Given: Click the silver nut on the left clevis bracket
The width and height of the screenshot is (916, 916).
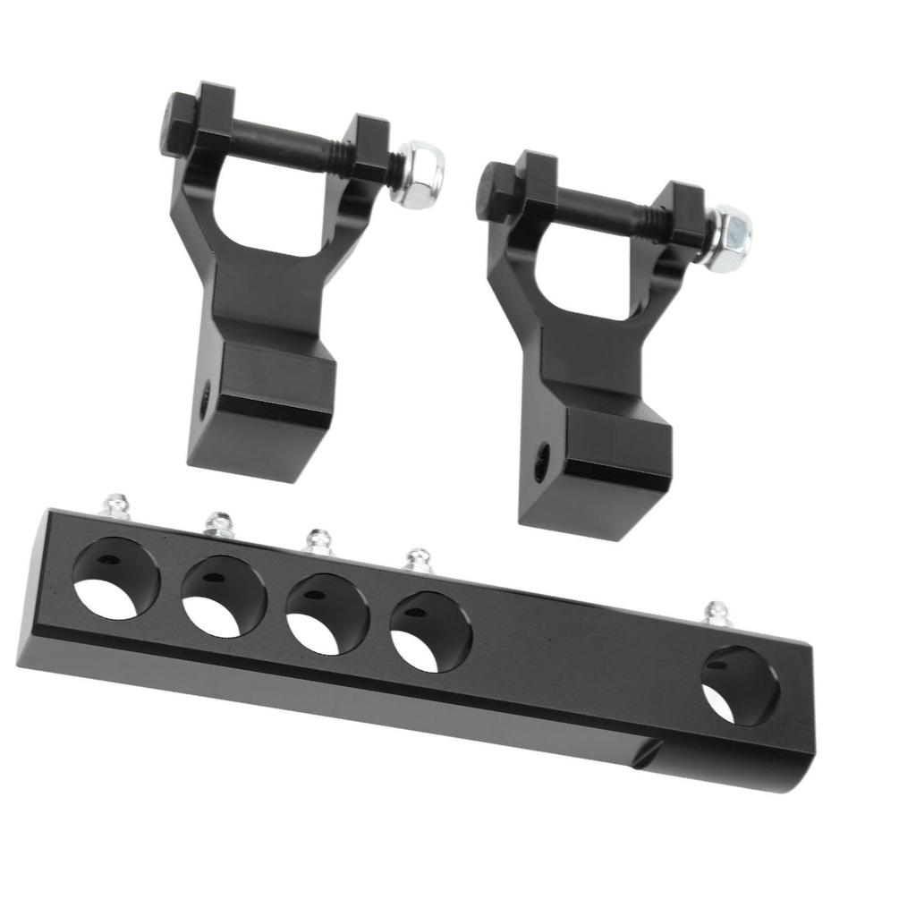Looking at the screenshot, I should (418, 174).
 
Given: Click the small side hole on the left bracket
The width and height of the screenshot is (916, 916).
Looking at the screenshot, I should (204, 400).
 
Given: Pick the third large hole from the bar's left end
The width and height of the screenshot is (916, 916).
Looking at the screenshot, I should (327, 614).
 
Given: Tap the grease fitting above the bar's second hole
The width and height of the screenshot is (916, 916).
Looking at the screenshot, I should (218, 524).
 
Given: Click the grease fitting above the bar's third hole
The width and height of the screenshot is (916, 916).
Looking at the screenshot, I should (318, 542).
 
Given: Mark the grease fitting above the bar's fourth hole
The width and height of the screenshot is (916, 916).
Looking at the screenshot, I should (418, 560).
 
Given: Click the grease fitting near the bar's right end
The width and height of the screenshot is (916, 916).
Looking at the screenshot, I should (717, 614).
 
